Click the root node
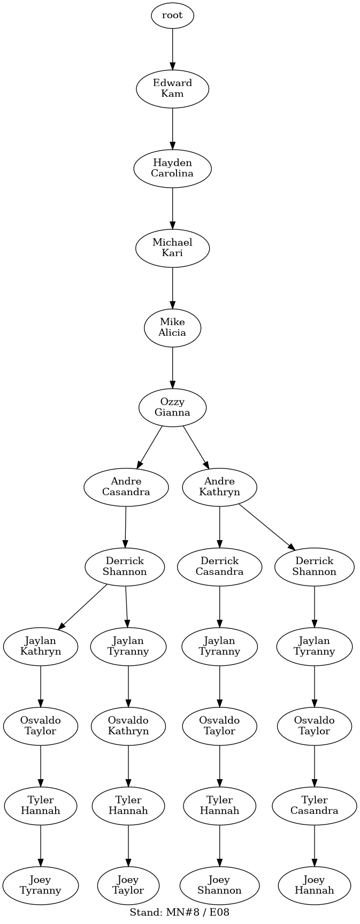172,16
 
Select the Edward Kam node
172,88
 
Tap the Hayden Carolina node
172,168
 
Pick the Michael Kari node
172,248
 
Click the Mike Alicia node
172,327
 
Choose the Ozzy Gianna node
172,407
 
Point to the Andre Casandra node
126,487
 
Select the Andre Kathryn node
219,487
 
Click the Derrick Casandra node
219,566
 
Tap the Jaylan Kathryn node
41,646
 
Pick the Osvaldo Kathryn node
128,726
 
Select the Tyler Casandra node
315,805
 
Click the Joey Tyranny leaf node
41,885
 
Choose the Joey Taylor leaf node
128,885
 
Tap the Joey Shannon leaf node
219,885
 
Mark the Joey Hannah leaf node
315,885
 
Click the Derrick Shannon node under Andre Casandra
125,566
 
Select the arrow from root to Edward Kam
172,49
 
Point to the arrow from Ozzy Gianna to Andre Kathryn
196,447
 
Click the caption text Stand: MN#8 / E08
180,912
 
